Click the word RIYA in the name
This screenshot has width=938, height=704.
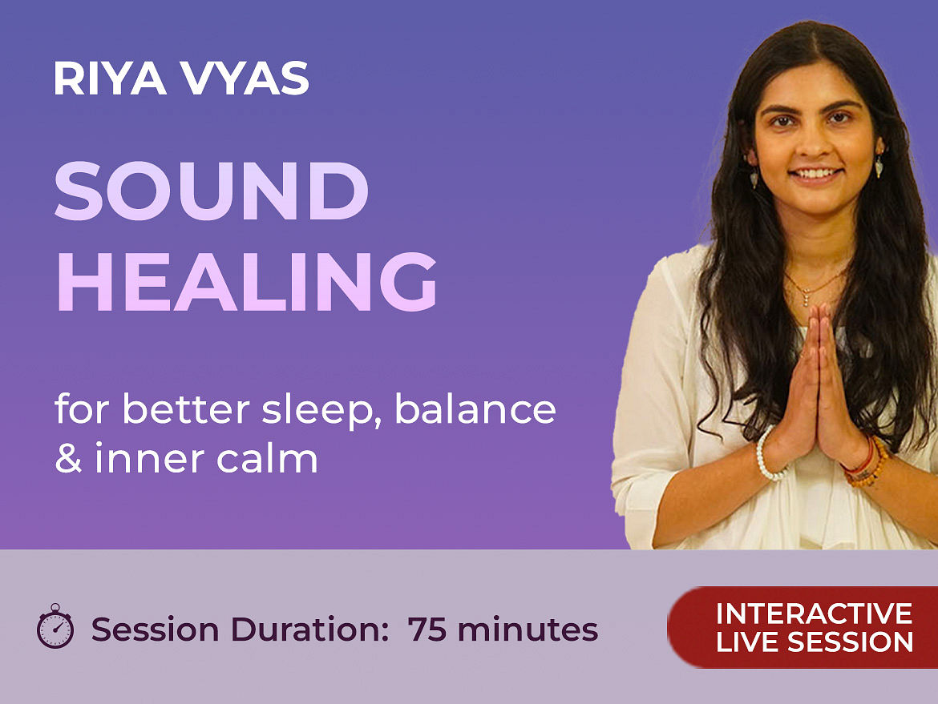(x=110, y=78)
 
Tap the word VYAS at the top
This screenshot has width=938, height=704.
(x=245, y=78)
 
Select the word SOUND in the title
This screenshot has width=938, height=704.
(x=211, y=191)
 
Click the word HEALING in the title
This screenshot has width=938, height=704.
(x=246, y=281)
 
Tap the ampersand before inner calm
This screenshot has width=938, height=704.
(x=68, y=458)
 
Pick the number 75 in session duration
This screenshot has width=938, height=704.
(x=427, y=630)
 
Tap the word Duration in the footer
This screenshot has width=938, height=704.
(x=310, y=630)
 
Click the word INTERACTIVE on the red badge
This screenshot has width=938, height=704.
(x=814, y=613)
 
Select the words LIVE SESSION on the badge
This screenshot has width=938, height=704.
(x=815, y=642)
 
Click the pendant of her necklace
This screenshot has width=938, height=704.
(x=807, y=298)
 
